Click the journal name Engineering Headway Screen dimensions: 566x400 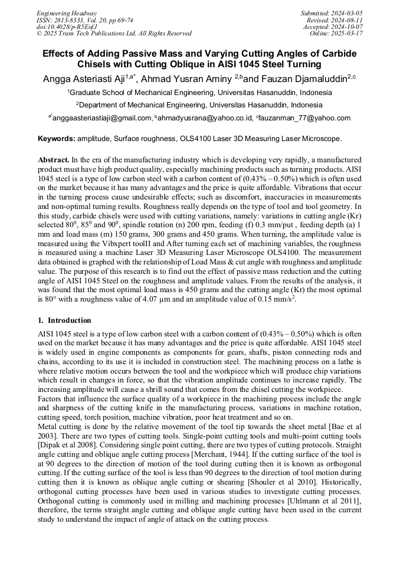coord(67,13)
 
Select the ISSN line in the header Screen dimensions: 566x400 coord(84,20)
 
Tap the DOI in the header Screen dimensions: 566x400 coord(67,27)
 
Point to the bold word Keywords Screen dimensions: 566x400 coord(57,139)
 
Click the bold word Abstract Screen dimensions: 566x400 coord(54,160)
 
